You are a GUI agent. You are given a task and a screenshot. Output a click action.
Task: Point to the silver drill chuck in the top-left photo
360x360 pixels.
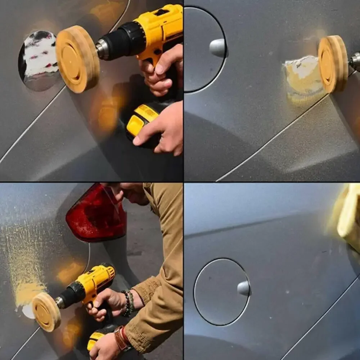pos(103,49)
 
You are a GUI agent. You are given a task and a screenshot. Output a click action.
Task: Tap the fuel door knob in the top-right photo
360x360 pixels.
pos(218,48)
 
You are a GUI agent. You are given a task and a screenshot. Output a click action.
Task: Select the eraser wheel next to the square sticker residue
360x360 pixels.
pos(333,63)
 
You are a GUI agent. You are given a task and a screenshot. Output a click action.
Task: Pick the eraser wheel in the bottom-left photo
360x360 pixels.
pos(46,311)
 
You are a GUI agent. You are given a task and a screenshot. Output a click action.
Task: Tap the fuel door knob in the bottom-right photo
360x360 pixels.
pos(244,288)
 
